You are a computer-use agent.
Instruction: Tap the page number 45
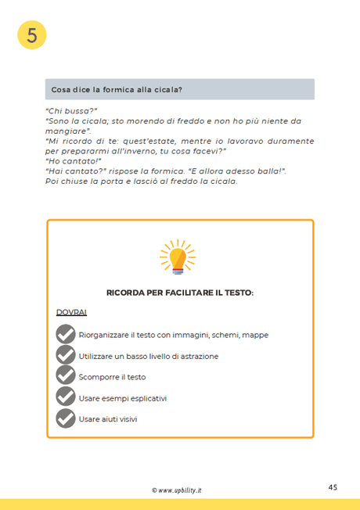[333, 487]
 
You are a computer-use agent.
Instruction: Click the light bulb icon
[178, 257]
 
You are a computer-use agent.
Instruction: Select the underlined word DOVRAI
[71, 312]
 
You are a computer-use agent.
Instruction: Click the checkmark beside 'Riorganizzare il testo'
[66, 335]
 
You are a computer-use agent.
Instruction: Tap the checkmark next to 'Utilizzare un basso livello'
[66, 356]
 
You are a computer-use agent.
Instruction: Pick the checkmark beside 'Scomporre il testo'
[66, 377]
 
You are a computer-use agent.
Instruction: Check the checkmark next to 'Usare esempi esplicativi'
[66, 398]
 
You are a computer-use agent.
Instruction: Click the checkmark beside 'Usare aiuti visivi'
[66, 419]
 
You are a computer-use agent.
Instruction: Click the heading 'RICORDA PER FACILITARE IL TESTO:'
[180, 293]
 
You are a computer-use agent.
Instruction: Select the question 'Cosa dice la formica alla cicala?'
[117, 89]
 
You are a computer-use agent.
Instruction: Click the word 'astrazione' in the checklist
[199, 356]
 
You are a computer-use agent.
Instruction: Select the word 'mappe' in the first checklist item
[255, 335]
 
